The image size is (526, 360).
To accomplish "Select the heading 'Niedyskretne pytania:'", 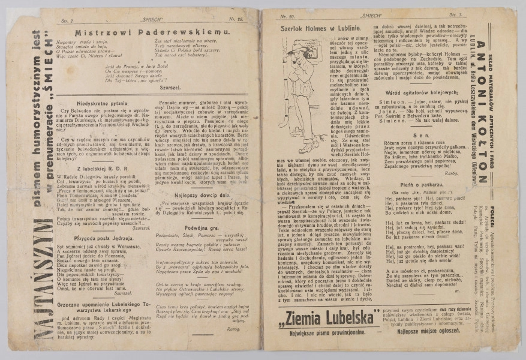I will [89, 101].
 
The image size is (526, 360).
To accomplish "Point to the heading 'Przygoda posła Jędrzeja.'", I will [89, 238].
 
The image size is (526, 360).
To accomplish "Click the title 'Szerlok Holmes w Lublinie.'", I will [312, 28].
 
